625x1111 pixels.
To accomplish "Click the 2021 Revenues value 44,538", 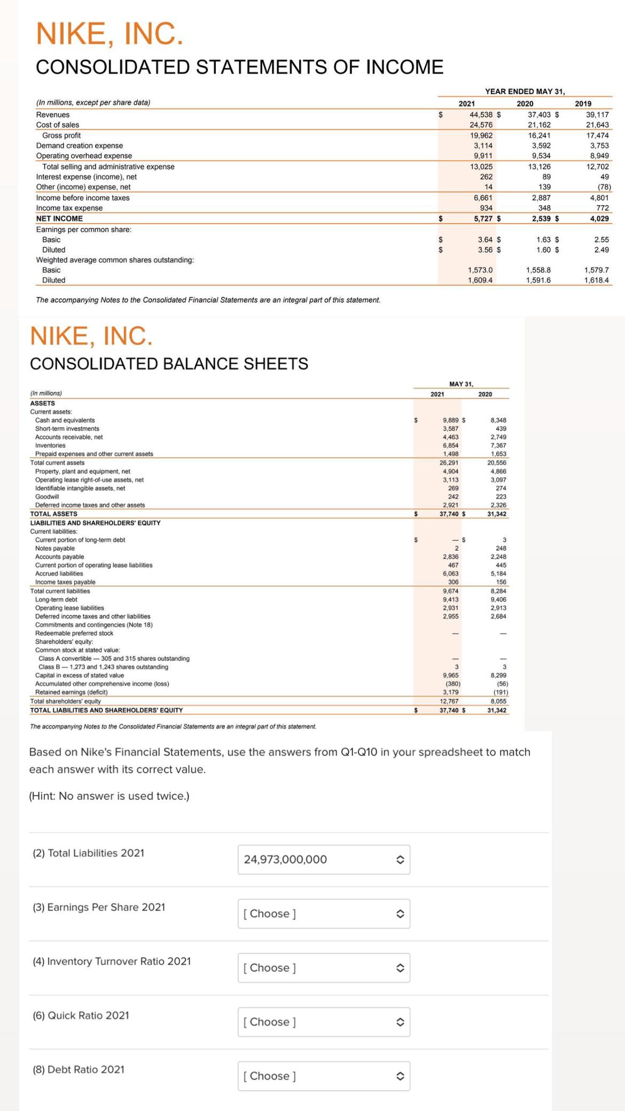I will coord(481,115).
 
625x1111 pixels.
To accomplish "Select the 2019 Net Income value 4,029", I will coord(599,218).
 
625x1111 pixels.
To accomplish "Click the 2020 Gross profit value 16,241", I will coord(539,136).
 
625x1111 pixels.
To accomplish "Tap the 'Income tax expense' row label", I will coord(69,208).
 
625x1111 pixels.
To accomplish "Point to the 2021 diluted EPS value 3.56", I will coord(485,249).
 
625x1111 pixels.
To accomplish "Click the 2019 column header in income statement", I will coord(583,104).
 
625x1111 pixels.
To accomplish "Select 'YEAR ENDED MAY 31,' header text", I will coord(525,91).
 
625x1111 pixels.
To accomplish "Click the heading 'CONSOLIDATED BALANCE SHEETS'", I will coord(169,364).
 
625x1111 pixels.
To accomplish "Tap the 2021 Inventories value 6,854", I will coord(450,445).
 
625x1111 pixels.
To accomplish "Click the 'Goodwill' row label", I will coord(47,497).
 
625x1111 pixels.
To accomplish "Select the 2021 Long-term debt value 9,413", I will coord(450,599).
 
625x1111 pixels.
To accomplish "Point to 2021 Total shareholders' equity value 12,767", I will coord(450,701).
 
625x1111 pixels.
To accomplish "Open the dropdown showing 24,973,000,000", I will coord(324,859).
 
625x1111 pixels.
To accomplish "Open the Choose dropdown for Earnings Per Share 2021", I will coord(324,913).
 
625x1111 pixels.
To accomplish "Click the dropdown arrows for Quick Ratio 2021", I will coord(399,1022).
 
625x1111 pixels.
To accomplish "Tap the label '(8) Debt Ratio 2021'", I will coord(79,1069).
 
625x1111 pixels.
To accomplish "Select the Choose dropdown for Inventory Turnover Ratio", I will coord(324,968).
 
